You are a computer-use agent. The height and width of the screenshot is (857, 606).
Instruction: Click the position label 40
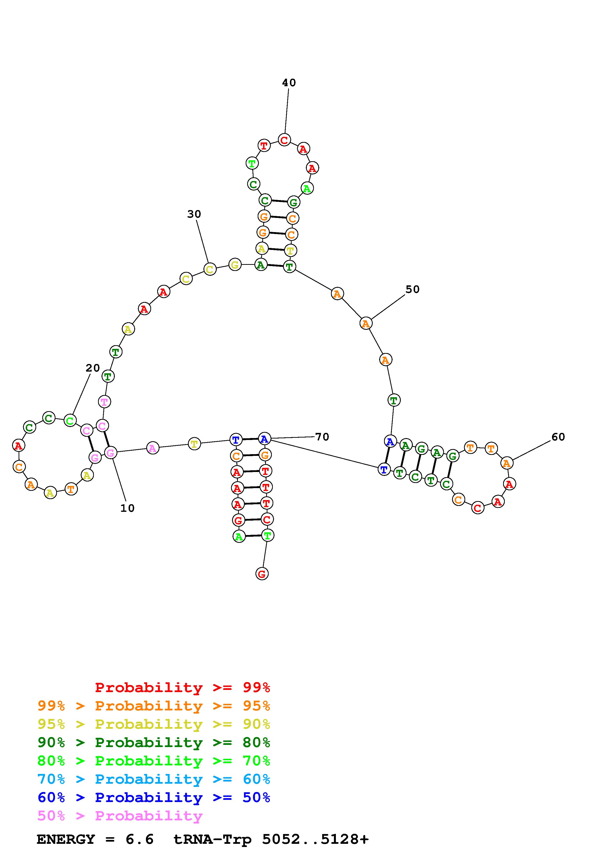[x=289, y=83]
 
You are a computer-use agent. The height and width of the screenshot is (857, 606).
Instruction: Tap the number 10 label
[x=127, y=508]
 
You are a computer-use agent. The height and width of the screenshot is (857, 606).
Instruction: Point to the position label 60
[x=558, y=437]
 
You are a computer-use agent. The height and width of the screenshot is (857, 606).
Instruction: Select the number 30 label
[x=194, y=214]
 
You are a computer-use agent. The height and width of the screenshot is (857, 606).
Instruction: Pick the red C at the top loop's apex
[x=284, y=140]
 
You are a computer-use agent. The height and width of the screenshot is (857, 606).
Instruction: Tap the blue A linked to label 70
[x=264, y=439]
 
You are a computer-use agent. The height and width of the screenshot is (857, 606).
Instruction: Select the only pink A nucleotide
[x=152, y=448]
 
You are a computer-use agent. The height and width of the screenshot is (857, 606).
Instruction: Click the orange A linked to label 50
[x=365, y=323]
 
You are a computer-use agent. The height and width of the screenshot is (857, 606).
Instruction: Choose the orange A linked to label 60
[x=506, y=463]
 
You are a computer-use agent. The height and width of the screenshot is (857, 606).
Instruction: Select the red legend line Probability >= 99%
[x=182, y=687]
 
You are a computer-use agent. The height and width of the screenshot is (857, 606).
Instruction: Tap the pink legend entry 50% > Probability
[x=120, y=815]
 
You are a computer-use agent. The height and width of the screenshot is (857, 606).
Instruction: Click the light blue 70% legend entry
[x=154, y=779]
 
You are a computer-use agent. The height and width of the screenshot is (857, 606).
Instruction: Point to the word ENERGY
[x=66, y=839]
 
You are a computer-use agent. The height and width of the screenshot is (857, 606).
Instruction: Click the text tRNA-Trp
[x=212, y=839]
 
